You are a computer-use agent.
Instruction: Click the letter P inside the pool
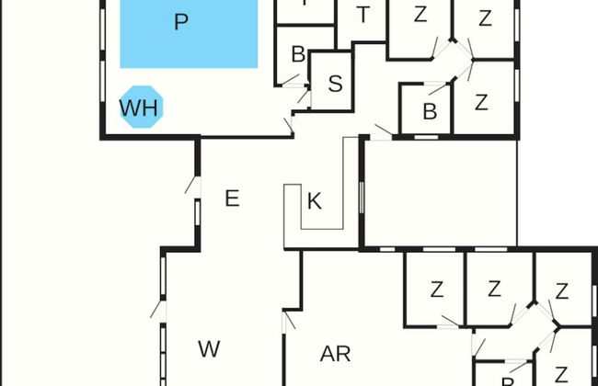[x=181, y=22]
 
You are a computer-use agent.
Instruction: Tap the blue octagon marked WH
[x=140, y=108]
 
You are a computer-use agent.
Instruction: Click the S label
[x=335, y=84]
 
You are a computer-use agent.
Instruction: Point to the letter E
[x=232, y=199]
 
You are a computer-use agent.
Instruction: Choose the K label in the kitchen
[x=314, y=201]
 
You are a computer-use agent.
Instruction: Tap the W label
[x=209, y=349]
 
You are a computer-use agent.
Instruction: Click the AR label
[x=335, y=354]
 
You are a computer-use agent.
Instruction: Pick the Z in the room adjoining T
[x=420, y=16]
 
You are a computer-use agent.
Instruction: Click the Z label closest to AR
[x=436, y=290]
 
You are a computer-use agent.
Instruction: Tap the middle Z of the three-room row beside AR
[x=494, y=290]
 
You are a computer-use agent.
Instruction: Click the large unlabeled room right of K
[x=440, y=193]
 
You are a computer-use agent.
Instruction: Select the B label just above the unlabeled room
[x=429, y=112]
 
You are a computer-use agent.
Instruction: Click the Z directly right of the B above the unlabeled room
[x=481, y=103]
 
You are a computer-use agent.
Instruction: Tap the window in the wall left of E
[x=197, y=214]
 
